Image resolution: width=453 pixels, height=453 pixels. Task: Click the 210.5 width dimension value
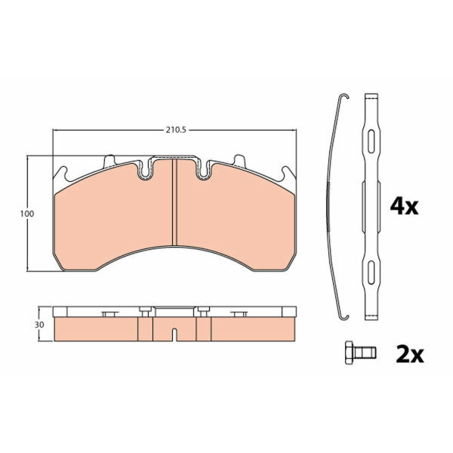(176, 130)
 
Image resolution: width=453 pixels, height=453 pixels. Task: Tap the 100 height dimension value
(27, 214)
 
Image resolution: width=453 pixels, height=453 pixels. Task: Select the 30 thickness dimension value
(39, 325)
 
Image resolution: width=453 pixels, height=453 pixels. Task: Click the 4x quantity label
(404, 206)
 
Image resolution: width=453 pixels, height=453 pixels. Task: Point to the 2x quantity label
(410, 354)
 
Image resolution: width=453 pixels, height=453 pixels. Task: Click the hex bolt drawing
(361, 353)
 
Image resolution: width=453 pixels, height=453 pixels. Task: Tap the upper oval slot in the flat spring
(371, 141)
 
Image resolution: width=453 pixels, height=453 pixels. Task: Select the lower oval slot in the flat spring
(371, 272)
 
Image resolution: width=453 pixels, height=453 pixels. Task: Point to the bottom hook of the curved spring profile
(344, 317)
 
